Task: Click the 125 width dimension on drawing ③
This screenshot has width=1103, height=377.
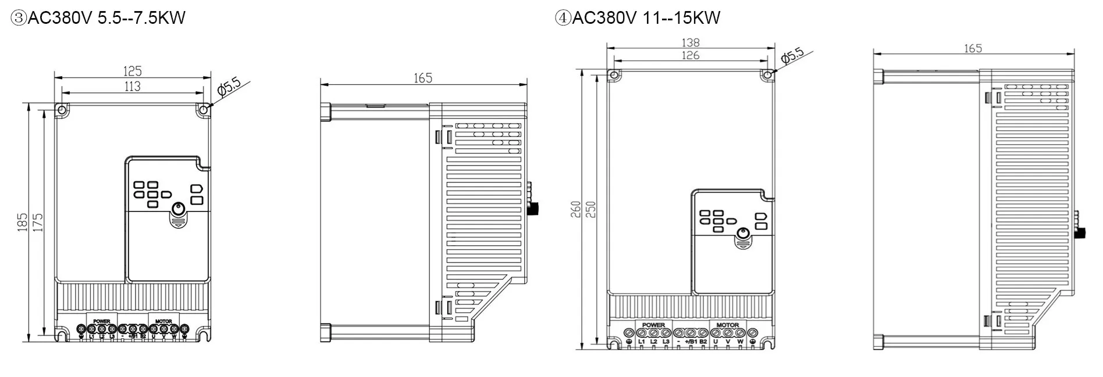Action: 132,71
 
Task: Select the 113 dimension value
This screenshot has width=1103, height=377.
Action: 132,87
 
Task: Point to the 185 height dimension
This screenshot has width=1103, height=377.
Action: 22,222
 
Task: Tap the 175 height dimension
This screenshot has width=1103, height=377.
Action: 37,222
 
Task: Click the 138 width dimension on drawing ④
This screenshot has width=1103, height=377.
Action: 690,42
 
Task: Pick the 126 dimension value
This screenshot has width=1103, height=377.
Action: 690,56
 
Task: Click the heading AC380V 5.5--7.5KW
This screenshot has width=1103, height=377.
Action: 98,17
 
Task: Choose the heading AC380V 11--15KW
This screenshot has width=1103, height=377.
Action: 638,17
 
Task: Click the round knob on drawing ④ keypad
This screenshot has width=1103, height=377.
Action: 742,234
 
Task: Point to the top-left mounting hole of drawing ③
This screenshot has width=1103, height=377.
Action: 61,109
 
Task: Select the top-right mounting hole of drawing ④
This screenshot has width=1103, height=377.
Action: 767,75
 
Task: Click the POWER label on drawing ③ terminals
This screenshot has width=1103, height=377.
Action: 101,321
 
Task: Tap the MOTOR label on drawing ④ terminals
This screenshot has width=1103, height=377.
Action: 727,325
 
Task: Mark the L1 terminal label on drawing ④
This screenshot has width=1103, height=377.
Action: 641,342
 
